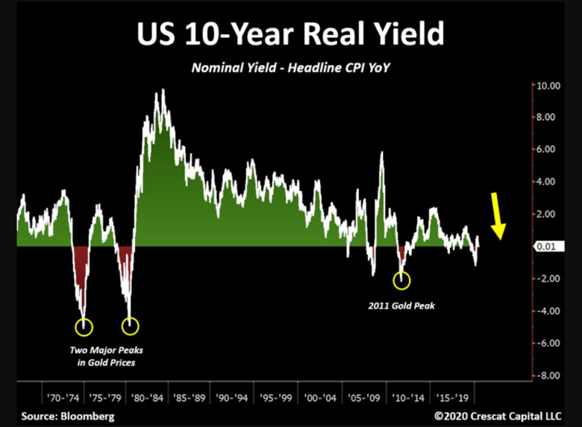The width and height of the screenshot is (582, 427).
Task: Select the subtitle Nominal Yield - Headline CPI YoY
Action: point(291,68)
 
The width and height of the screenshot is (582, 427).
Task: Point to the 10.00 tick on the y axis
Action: point(547,85)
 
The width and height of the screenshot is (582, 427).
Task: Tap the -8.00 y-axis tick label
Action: point(547,376)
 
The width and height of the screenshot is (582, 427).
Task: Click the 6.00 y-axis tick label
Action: point(548,150)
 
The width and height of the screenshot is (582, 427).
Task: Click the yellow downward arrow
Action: point(498,216)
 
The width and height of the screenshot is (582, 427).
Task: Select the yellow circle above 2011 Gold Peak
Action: point(401,280)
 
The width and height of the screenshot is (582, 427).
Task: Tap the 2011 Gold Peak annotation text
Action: point(401,306)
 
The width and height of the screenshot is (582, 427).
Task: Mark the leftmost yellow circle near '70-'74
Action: point(84,326)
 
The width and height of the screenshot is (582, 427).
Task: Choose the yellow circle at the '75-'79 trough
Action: point(131,326)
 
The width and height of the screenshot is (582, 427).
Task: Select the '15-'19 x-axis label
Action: point(449,397)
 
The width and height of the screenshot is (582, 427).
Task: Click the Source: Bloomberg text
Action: point(69,416)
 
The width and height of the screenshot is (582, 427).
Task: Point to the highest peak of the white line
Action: point(163,90)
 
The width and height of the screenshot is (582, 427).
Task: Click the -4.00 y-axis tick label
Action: point(547,311)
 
